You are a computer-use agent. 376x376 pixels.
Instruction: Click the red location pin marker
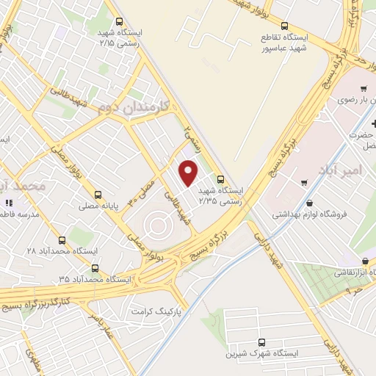click(x=189, y=172)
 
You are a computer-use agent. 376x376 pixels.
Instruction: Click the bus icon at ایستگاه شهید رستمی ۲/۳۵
click(x=220, y=178)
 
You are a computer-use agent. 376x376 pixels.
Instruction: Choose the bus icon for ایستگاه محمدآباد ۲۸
click(x=62, y=239)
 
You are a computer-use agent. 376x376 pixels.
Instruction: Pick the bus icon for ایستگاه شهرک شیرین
click(x=262, y=342)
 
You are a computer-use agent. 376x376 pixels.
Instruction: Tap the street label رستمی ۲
click(x=192, y=134)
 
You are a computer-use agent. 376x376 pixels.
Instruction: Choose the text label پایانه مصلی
click(x=98, y=208)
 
